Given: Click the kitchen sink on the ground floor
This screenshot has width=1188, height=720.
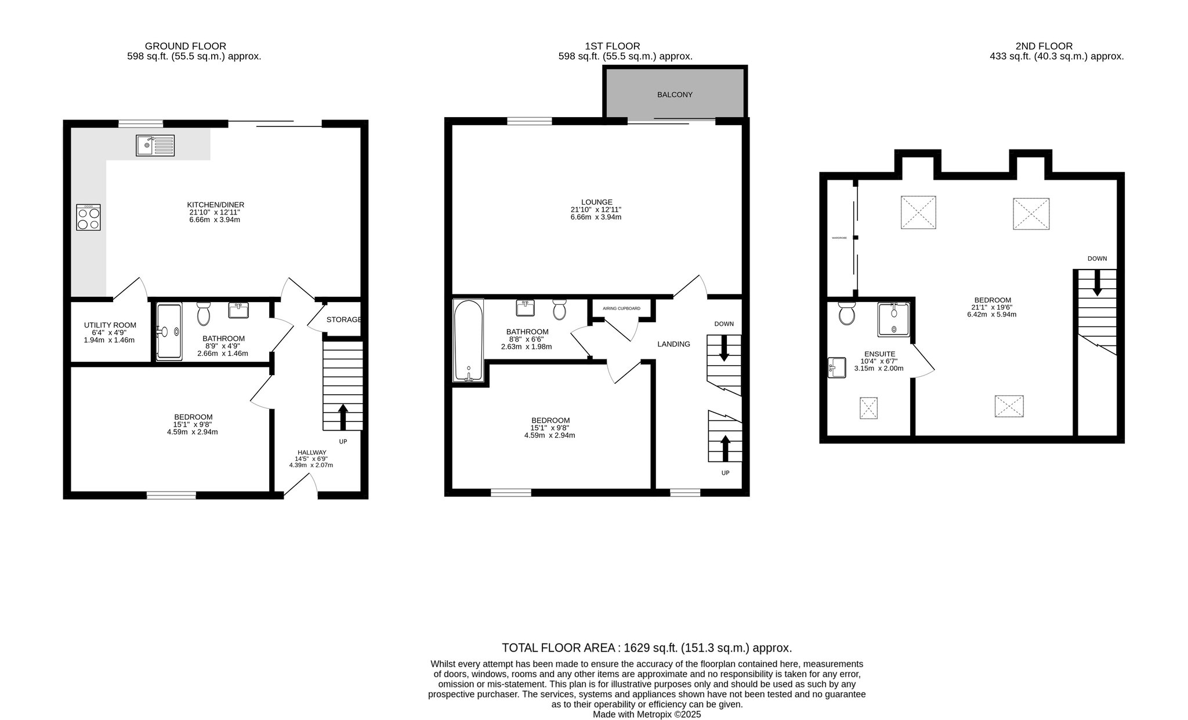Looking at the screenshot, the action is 155,146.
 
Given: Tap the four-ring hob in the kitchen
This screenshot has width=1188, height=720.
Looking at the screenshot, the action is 88,217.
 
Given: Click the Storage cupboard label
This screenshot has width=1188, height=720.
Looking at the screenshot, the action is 343,319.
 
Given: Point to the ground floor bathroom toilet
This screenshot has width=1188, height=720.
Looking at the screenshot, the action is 204,314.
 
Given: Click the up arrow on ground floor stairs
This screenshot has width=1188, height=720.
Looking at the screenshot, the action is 342,417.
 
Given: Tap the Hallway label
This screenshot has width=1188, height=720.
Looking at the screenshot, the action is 312,452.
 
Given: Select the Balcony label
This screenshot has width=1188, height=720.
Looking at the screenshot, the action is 675,94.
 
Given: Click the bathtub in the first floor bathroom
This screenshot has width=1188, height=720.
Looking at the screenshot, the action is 468,341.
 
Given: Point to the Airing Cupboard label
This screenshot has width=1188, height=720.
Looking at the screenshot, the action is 621,308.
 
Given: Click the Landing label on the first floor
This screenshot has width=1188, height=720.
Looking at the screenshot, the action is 673,344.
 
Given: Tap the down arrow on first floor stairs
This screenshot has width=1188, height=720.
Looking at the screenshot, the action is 723,348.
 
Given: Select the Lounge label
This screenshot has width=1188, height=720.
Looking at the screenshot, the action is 595,202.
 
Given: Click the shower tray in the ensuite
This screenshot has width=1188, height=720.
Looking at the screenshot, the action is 893,319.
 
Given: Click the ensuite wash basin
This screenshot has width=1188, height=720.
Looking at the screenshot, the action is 837,368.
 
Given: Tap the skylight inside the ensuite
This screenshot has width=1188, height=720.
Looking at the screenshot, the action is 868,408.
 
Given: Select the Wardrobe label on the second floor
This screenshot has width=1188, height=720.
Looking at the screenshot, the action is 839,238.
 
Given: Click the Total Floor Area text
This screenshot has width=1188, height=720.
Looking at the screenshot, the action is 647,648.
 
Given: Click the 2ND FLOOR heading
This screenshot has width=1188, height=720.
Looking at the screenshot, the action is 1044,46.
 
